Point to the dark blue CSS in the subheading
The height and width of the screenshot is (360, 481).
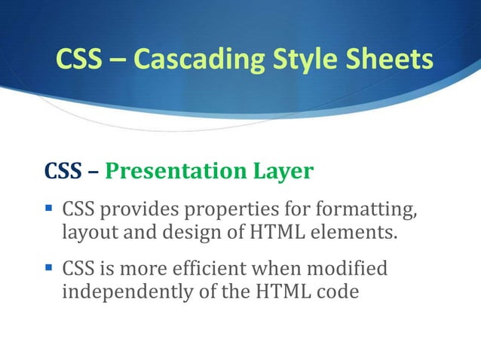tap(65, 172)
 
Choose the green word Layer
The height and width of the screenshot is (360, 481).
tap(283, 172)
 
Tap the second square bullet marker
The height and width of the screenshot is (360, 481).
tap(50, 267)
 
